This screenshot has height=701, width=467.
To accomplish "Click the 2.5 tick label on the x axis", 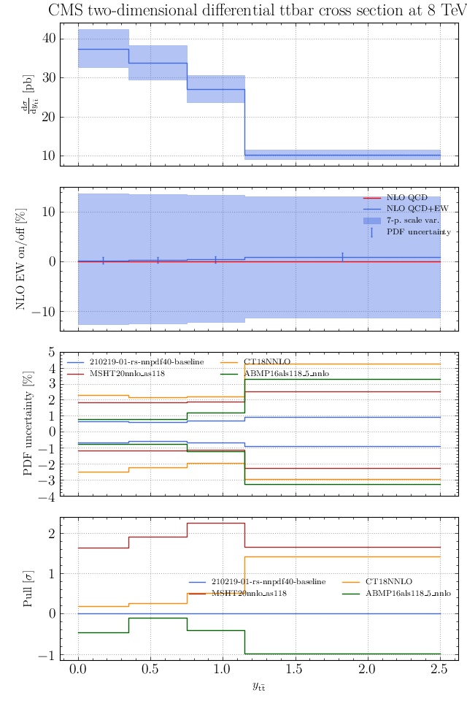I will click(x=440, y=670).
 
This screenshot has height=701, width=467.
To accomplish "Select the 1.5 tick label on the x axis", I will click(x=295, y=670).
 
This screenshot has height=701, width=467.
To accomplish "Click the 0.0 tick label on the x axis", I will click(x=78, y=670).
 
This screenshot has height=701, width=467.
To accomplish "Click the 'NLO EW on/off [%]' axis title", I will click(x=21, y=260).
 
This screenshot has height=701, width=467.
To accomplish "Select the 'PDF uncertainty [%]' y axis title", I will click(x=29, y=424).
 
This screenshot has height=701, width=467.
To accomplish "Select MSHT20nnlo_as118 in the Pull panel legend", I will click(x=248, y=594).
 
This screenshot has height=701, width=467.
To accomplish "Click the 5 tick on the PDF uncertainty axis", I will click(x=50, y=352).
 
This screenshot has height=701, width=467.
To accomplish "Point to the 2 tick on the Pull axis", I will click(x=50, y=535).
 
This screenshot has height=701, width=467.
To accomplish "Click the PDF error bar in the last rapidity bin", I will click(x=342, y=257).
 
